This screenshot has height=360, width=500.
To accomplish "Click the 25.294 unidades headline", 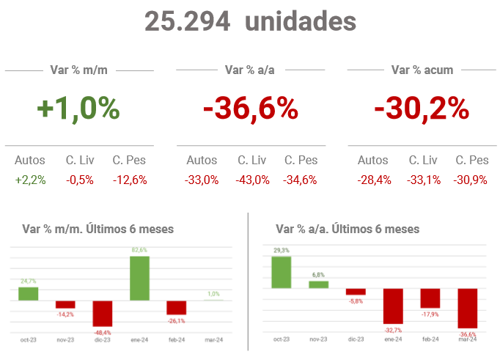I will tap(250, 21).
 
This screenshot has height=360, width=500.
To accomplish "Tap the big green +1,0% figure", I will tap(78, 109).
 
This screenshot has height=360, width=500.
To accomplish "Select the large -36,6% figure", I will tap(251, 109).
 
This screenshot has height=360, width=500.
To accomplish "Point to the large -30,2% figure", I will tap(422, 109).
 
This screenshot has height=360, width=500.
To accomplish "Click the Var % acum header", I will tap(422, 70).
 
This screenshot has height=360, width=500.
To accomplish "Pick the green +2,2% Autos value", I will tap(30, 180).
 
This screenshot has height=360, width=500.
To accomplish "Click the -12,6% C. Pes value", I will tap(130, 180).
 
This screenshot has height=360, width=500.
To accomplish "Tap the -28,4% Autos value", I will tap(373, 180).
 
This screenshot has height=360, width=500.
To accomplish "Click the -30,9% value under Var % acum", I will tap(471, 180).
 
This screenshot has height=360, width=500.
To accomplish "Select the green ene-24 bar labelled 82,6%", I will tap(140, 278).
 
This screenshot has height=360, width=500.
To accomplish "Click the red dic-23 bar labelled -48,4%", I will tap(103, 313).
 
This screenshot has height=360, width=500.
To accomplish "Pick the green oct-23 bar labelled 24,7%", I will tap(29, 293).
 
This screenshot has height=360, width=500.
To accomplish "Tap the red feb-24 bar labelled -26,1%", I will tap(177, 307).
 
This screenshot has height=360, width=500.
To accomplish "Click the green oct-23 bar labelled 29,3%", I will tap(282, 272).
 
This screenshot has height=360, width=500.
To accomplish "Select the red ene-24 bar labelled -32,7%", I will tap(393, 306).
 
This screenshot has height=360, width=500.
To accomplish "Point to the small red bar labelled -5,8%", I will tap(356, 291).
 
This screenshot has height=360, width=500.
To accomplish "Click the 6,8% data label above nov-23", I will tap(318, 275).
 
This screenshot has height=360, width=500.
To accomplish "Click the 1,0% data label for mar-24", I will tap(214, 294).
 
